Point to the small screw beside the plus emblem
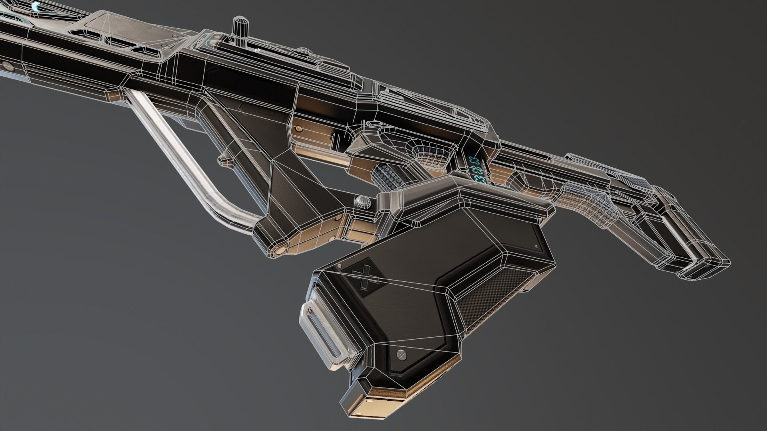[339, 267]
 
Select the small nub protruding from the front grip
[223, 160]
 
